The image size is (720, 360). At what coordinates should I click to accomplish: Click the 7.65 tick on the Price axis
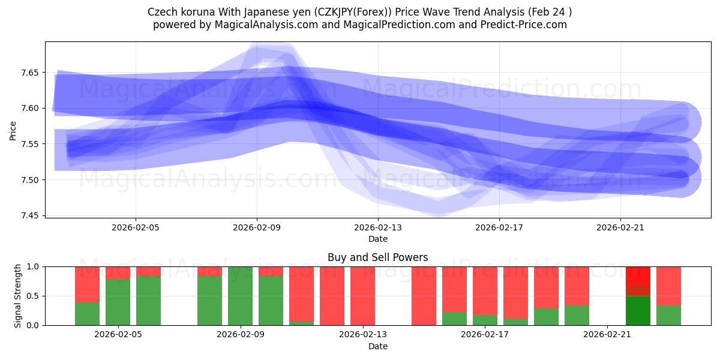click(29, 73)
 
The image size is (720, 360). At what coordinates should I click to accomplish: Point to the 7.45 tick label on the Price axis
click(29, 215)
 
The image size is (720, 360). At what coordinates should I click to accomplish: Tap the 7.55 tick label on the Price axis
click(29, 144)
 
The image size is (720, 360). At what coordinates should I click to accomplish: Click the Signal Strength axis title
click(17, 296)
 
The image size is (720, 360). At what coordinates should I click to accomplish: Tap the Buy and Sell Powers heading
click(377, 257)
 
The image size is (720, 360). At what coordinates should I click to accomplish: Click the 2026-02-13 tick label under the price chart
click(377, 227)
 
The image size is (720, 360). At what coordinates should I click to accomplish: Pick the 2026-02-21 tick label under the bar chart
click(607, 335)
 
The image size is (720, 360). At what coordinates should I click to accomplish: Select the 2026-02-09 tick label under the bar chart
click(241, 335)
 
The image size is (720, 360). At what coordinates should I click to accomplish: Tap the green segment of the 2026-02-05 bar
click(118, 302)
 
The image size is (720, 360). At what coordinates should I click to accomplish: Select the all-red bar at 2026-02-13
click(362, 296)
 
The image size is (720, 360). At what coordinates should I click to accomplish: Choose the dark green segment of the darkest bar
click(638, 311)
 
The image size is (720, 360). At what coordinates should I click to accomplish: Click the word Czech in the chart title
click(160, 12)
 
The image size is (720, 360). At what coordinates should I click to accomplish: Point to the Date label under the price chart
click(377, 239)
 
